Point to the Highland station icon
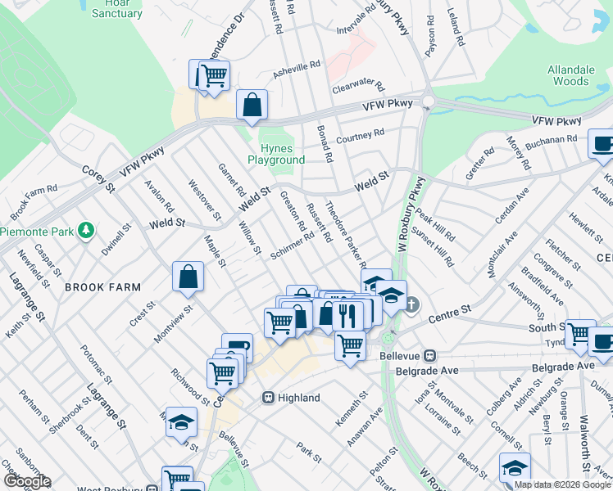coord(267,398)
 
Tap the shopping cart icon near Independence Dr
coord(214,75)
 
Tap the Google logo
coord(26,481)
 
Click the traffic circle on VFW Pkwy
coord(427,102)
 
